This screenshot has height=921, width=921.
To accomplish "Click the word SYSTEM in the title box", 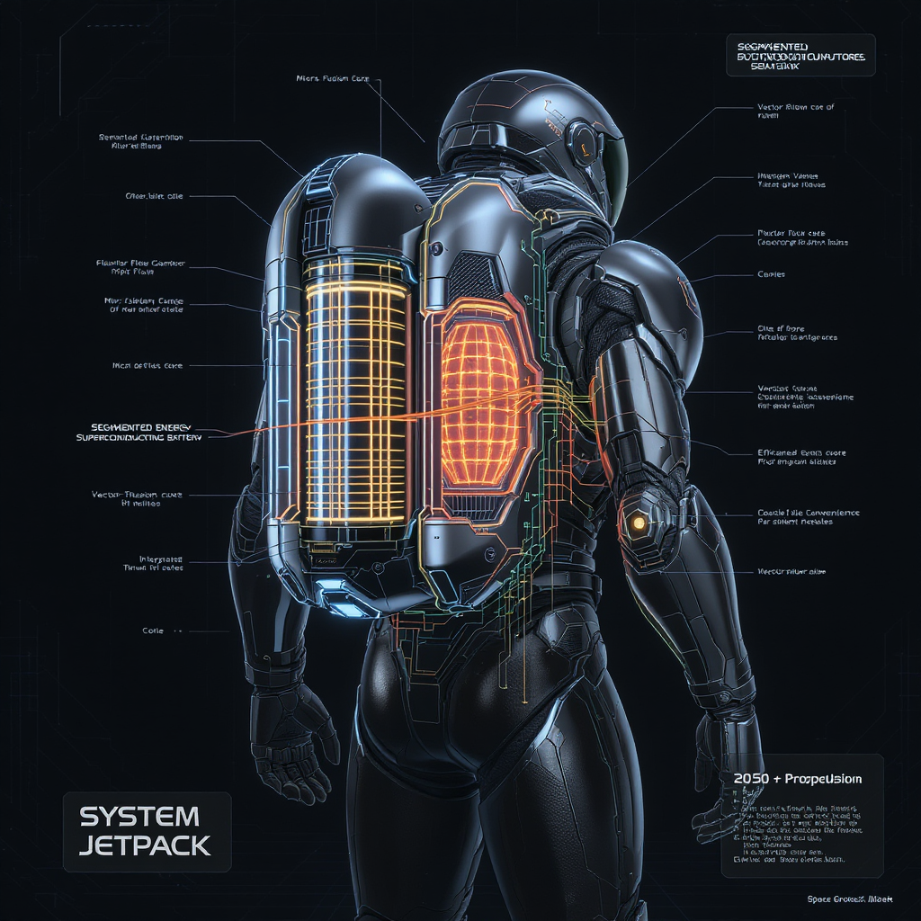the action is pyautogui.click(x=139, y=817).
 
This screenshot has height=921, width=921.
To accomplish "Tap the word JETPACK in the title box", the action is pyautogui.click(x=145, y=845).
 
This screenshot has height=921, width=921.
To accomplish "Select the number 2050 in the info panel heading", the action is pyautogui.click(x=751, y=778).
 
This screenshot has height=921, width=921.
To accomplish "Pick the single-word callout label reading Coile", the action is pyautogui.click(x=153, y=630).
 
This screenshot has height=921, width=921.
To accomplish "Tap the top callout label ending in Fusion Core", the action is pyautogui.click(x=332, y=79).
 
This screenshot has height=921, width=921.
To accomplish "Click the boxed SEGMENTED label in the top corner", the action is pyautogui.click(x=798, y=56).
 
